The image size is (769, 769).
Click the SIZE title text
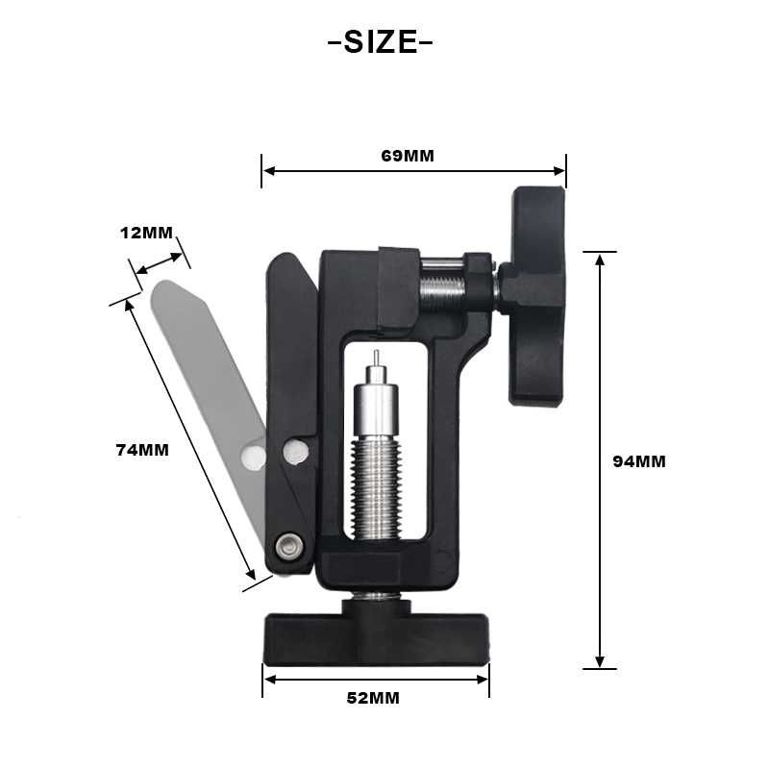coord(380,42)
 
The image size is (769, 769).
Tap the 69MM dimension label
coord(408,156)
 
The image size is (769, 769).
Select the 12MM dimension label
coord(147,233)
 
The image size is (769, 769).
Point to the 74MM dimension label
coord(142,450)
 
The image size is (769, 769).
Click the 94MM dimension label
coord(639,461)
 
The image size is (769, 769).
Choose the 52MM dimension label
coord(373,698)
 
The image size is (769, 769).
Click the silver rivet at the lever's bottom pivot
coord(288,545)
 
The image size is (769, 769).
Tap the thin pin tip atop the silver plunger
coord(376,358)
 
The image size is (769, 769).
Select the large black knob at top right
coord(533,297)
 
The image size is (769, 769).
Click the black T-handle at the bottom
coord(377,633)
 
